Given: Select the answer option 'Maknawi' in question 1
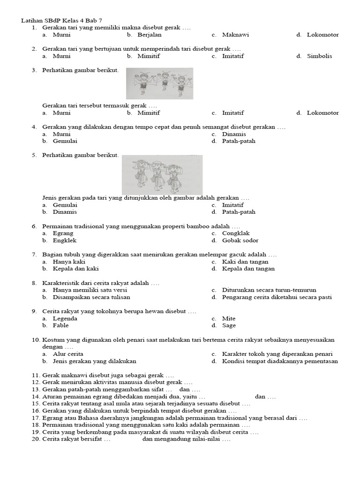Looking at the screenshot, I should point(235,35).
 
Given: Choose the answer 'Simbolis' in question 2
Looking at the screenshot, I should point(319,56).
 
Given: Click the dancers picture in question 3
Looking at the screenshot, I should point(159,83).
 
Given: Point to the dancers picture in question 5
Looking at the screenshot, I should point(162,174).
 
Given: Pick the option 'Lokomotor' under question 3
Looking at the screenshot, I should point(322,112).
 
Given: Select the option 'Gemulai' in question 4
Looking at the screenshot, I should point(65,141).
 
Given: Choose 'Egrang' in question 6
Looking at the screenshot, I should point(63,233).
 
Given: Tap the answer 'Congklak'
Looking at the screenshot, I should point(236,233).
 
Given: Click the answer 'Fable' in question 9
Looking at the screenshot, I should point(60,325).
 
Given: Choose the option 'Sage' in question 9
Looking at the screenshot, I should point(229,325).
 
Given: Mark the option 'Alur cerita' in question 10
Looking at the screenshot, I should point(68,354).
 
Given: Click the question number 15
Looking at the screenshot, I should point(36,403).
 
